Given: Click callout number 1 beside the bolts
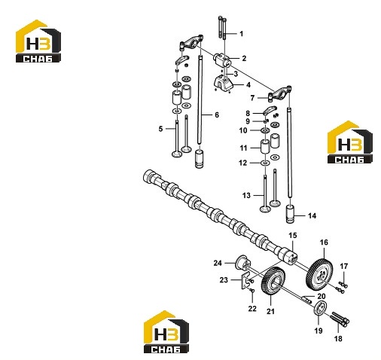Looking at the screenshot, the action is coord(241,34).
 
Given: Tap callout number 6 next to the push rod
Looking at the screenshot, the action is coord(217,115).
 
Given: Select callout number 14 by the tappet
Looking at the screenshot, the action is coord(312,215).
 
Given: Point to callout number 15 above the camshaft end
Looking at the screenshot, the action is coord(293,236).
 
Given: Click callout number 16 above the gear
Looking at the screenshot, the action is coord(324,243).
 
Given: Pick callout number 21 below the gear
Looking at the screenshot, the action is coord(270,311).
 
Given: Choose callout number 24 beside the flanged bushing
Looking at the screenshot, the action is coord(218,263).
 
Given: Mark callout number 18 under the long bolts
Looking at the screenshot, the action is coord(338,339).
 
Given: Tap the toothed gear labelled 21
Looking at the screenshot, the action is coord(273,282).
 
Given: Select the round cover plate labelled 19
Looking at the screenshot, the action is coord(320,308).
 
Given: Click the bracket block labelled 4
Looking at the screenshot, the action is coord(223,84).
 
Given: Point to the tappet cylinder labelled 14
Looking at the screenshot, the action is coord(291,214).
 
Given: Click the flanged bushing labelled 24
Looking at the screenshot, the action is coord(242,263).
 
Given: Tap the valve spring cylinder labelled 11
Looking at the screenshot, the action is coord(265,146).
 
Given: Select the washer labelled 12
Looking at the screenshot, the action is coord(265,163).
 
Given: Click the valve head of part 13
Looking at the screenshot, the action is coord(265,209).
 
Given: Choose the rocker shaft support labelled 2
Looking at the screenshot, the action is coord(221,59).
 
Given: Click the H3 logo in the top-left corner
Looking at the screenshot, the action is coord(38,41).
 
